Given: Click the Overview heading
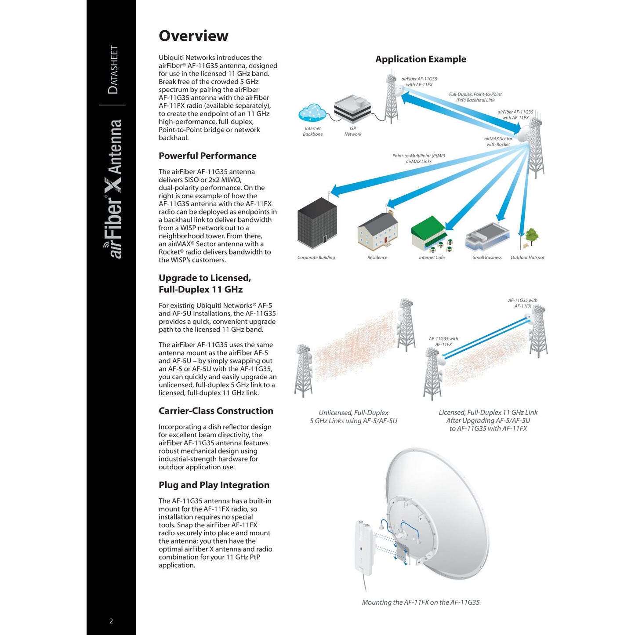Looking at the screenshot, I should (193, 36).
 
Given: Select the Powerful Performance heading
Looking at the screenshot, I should (207, 156).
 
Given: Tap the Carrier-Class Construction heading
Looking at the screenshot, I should (216, 411).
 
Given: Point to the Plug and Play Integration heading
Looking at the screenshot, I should (214, 485).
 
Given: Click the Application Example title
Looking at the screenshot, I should (421, 59).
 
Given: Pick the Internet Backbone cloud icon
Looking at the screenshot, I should (312, 113).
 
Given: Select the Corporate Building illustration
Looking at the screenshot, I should (317, 223).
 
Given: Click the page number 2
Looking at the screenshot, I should (111, 621).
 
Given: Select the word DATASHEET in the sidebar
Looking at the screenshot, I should (113, 69).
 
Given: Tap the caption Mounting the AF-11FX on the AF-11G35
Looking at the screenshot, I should (421, 602).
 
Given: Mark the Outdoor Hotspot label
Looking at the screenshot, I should (527, 258).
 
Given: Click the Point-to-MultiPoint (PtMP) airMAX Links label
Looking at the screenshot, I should (418, 159).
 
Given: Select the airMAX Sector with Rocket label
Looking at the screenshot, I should (498, 142).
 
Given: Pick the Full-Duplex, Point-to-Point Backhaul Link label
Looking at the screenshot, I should (475, 97).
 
